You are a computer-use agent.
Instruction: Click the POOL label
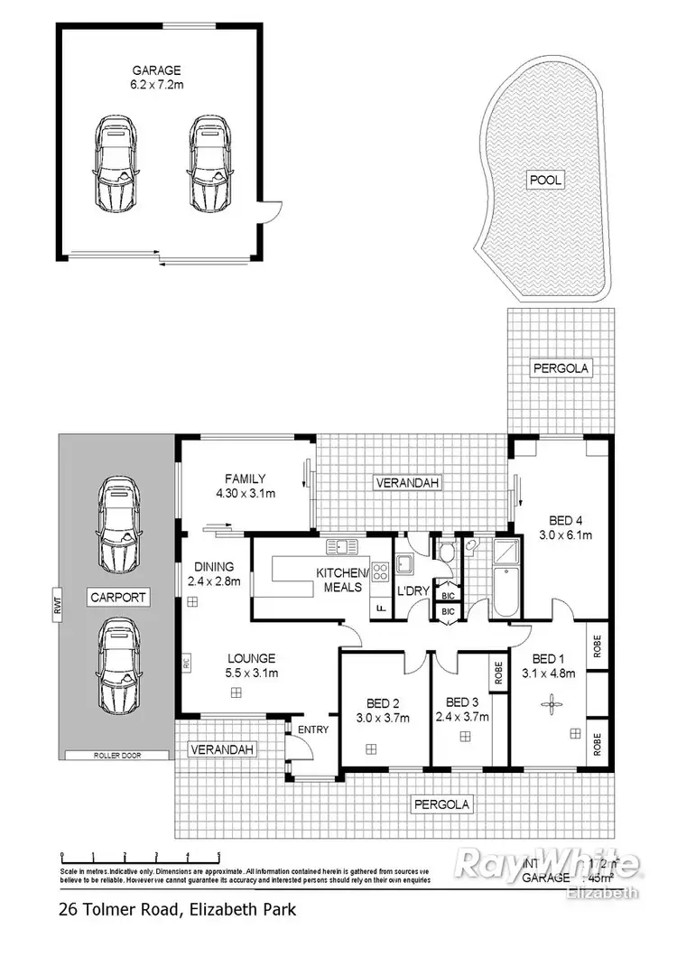(x=545, y=181)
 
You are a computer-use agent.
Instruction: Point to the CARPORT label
(x=117, y=598)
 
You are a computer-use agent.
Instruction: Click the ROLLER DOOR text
(x=117, y=755)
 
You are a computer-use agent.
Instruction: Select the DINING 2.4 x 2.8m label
(x=214, y=574)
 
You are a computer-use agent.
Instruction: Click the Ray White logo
(x=550, y=866)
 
